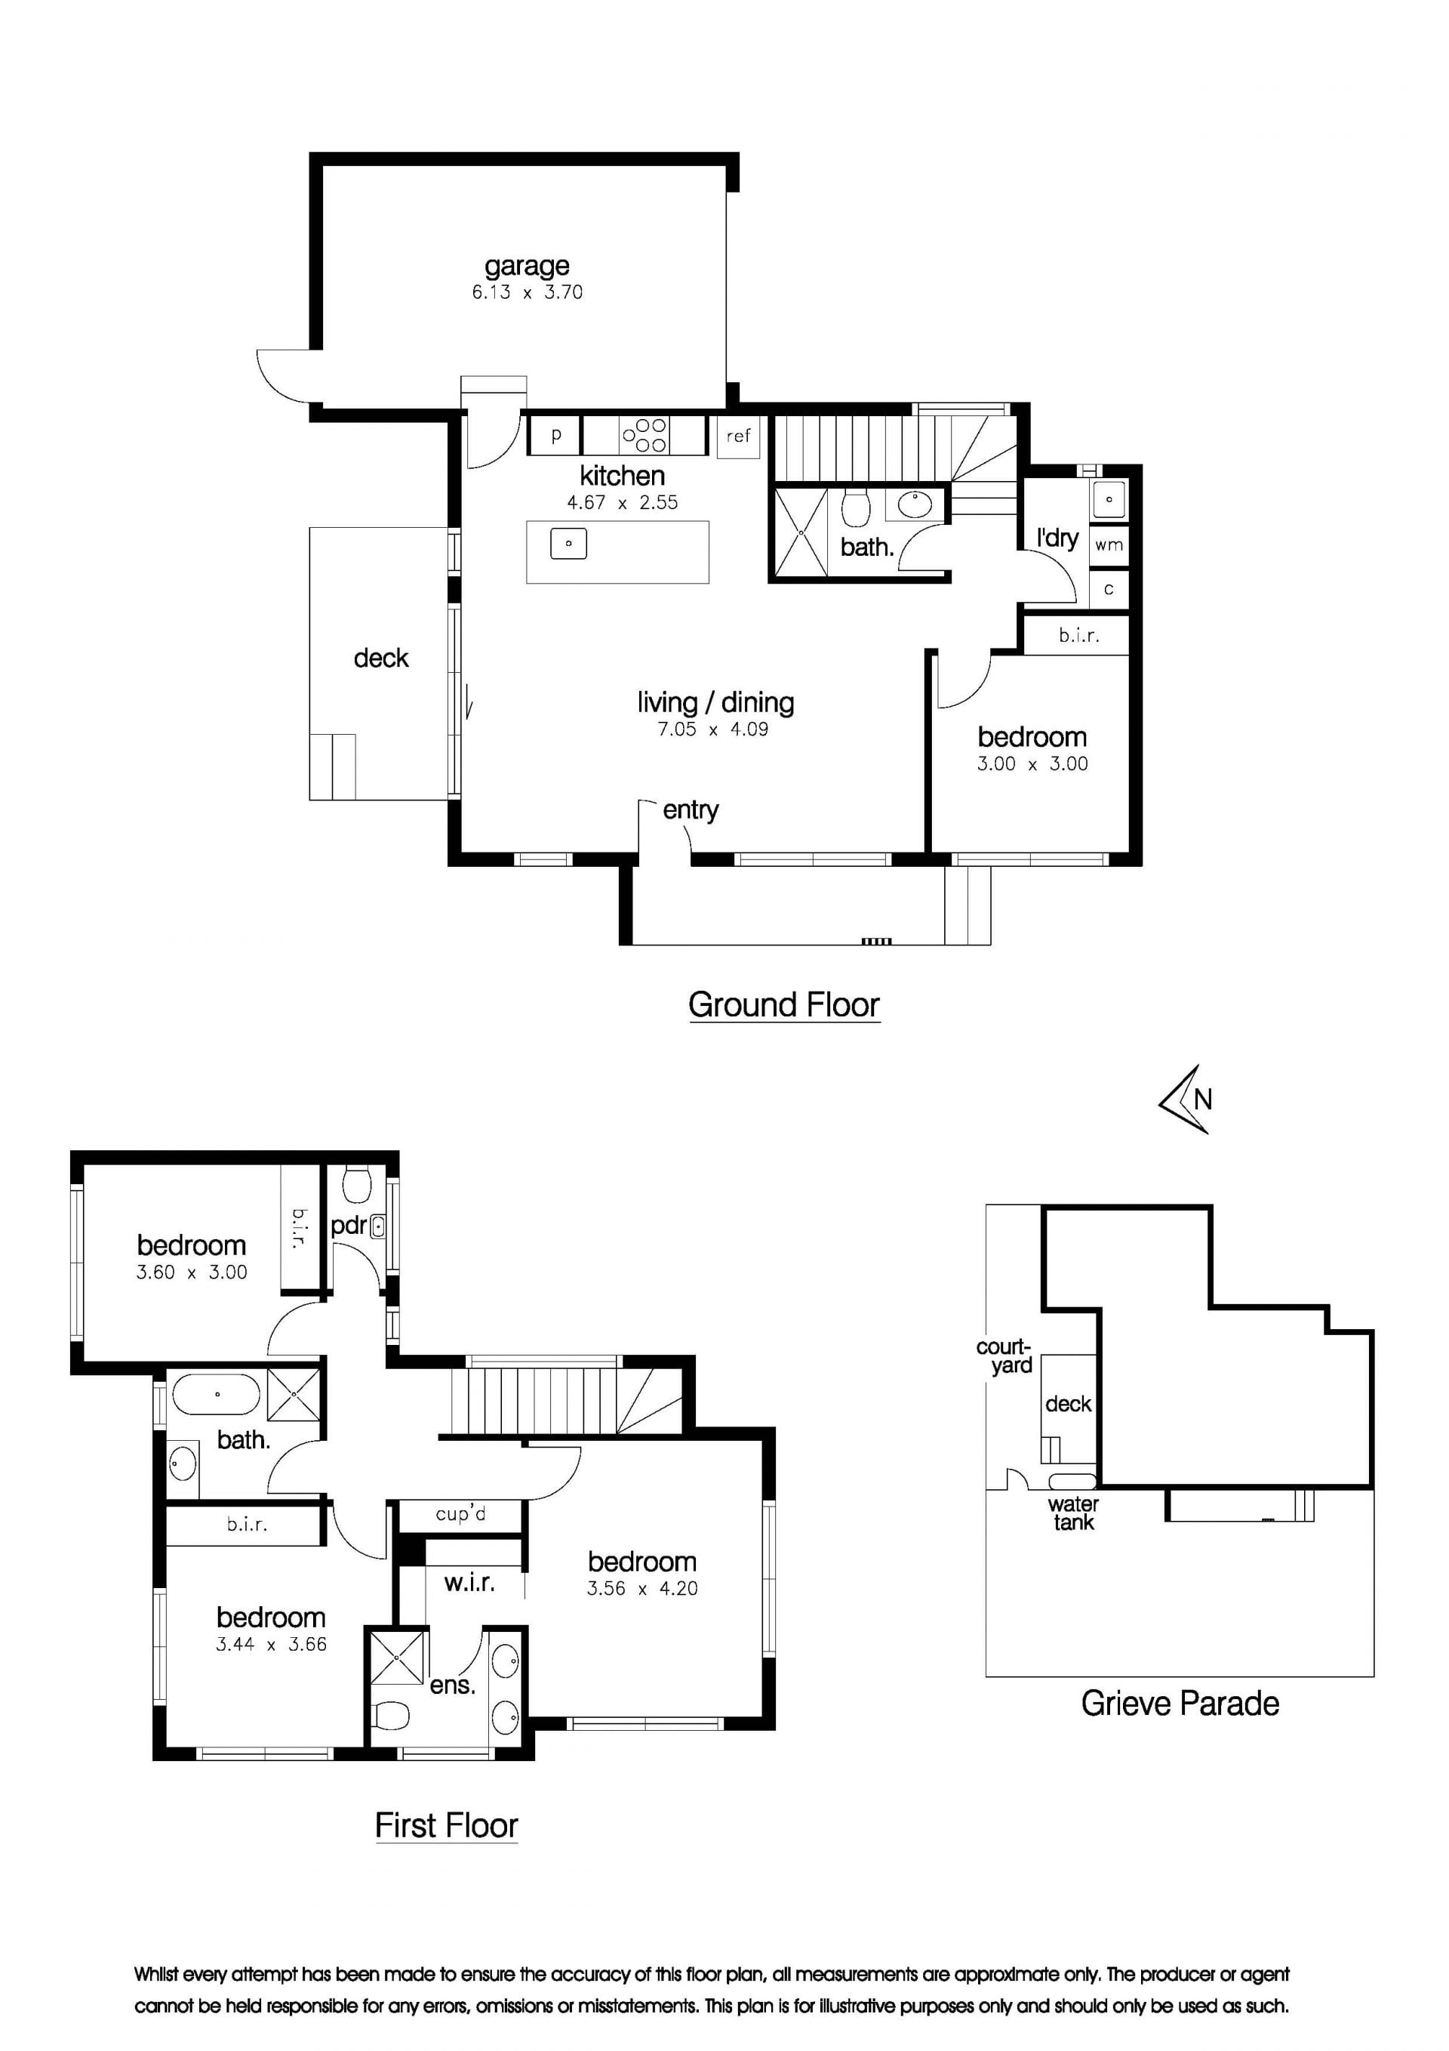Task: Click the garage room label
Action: click(x=527, y=267)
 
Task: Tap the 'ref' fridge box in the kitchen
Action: click(x=738, y=436)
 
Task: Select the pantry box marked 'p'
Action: click(x=555, y=436)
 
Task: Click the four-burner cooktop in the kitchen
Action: click(x=645, y=436)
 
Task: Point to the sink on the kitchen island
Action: click(x=569, y=543)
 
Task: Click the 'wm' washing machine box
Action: click(x=1109, y=544)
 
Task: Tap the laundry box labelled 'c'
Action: click(x=1109, y=590)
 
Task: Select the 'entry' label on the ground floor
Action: click(x=690, y=810)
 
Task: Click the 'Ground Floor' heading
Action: click(x=784, y=1005)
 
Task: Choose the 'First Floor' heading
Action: click(x=446, y=1825)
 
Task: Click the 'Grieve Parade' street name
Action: click(x=1180, y=1704)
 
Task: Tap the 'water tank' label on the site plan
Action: click(x=1073, y=1513)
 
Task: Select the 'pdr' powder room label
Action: click(x=348, y=1226)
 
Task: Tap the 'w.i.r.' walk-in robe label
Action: click(x=469, y=1583)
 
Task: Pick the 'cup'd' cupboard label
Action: click(x=460, y=1514)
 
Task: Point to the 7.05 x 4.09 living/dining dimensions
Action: click(x=712, y=729)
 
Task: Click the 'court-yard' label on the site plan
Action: click(x=1004, y=1356)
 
